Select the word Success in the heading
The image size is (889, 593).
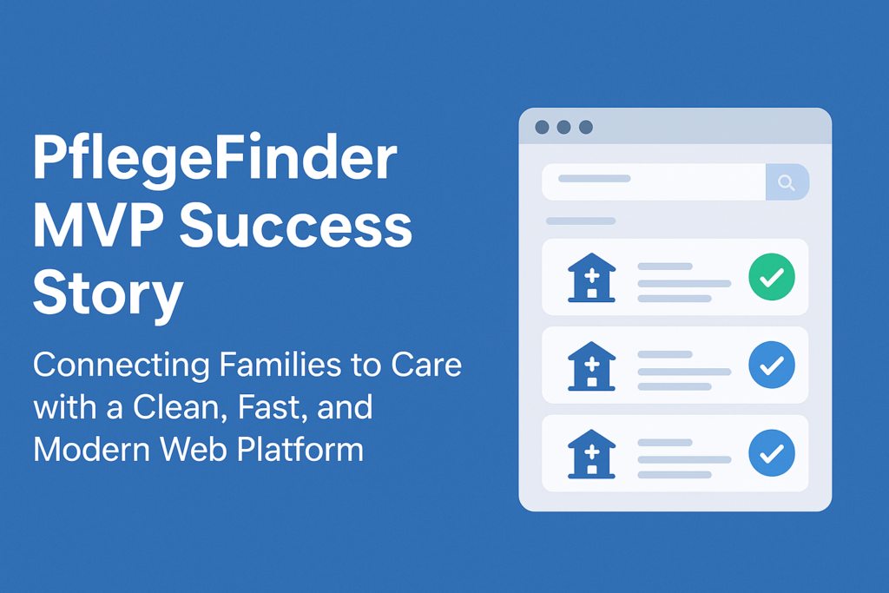pos(293,227)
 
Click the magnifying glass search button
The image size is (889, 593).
pos(787,182)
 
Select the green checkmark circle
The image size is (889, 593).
pos(772,278)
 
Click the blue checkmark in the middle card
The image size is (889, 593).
pos(772,365)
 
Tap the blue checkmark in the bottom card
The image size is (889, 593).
pos(772,452)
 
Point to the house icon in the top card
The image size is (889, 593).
pos(592,278)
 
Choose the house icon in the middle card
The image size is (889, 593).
pos(592,366)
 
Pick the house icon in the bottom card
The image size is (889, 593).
pos(592,453)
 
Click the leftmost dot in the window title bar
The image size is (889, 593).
pos(542,128)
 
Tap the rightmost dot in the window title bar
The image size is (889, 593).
pos(586,128)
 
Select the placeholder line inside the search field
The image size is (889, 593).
pos(594,179)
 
